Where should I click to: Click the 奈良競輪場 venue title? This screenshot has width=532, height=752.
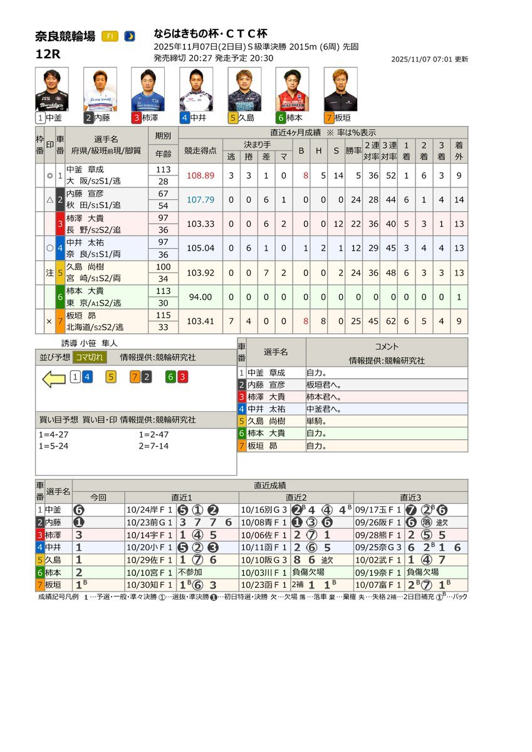tap(66, 36)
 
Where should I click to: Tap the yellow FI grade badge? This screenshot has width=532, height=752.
tap(110, 36)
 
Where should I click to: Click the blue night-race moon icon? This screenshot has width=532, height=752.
tap(130, 36)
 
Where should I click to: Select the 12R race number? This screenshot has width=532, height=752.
tap(48, 54)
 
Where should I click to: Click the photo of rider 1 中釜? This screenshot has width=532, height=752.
tap(52, 89)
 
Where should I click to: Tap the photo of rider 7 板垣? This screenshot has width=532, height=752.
tap(340, 89)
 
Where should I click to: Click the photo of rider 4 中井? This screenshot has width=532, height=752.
tap(196, 89)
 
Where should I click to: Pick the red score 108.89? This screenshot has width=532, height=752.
tap(201, 176)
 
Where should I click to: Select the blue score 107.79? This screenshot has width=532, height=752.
tap(201, 200)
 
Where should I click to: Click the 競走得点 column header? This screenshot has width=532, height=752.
tap(201, 151)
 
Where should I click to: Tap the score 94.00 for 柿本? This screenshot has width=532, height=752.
tap(201, 297)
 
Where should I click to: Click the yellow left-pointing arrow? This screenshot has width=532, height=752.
tap(54, 378)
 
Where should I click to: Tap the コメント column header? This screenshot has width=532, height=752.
tap(387, 347)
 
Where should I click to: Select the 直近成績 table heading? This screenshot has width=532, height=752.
tap(270, 485)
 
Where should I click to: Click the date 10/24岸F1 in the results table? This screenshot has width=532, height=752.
tap(150, 509)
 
